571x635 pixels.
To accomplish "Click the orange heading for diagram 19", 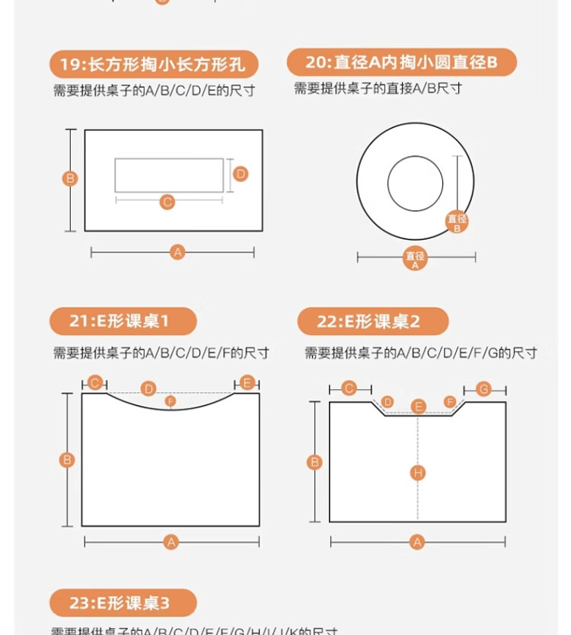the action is (154, 63).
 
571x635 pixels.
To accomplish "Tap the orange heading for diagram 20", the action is (401, 62).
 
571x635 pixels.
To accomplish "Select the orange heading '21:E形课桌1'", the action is (123, 321).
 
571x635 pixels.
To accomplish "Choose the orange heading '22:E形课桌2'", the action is (372, 321).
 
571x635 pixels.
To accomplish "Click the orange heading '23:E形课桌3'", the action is (123, 603).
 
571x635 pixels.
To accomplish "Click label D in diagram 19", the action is (241, 174).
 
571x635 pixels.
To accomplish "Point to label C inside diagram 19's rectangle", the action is (167, 202).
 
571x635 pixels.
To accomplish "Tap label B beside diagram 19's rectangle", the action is (69, 179).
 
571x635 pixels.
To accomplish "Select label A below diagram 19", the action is (177, 251).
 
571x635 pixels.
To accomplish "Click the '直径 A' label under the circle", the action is (415, 259).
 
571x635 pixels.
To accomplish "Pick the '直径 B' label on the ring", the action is (457, 222).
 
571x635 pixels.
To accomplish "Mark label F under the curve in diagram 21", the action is (171, 400).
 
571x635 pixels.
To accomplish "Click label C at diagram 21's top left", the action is (94, 382).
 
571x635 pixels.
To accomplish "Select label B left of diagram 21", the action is (67, 459).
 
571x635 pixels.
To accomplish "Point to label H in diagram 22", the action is (417, 473).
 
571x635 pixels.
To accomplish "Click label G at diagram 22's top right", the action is (483, 389).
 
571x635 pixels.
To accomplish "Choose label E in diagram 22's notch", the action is (418, 406).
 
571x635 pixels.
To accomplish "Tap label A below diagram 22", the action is (416, 542).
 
